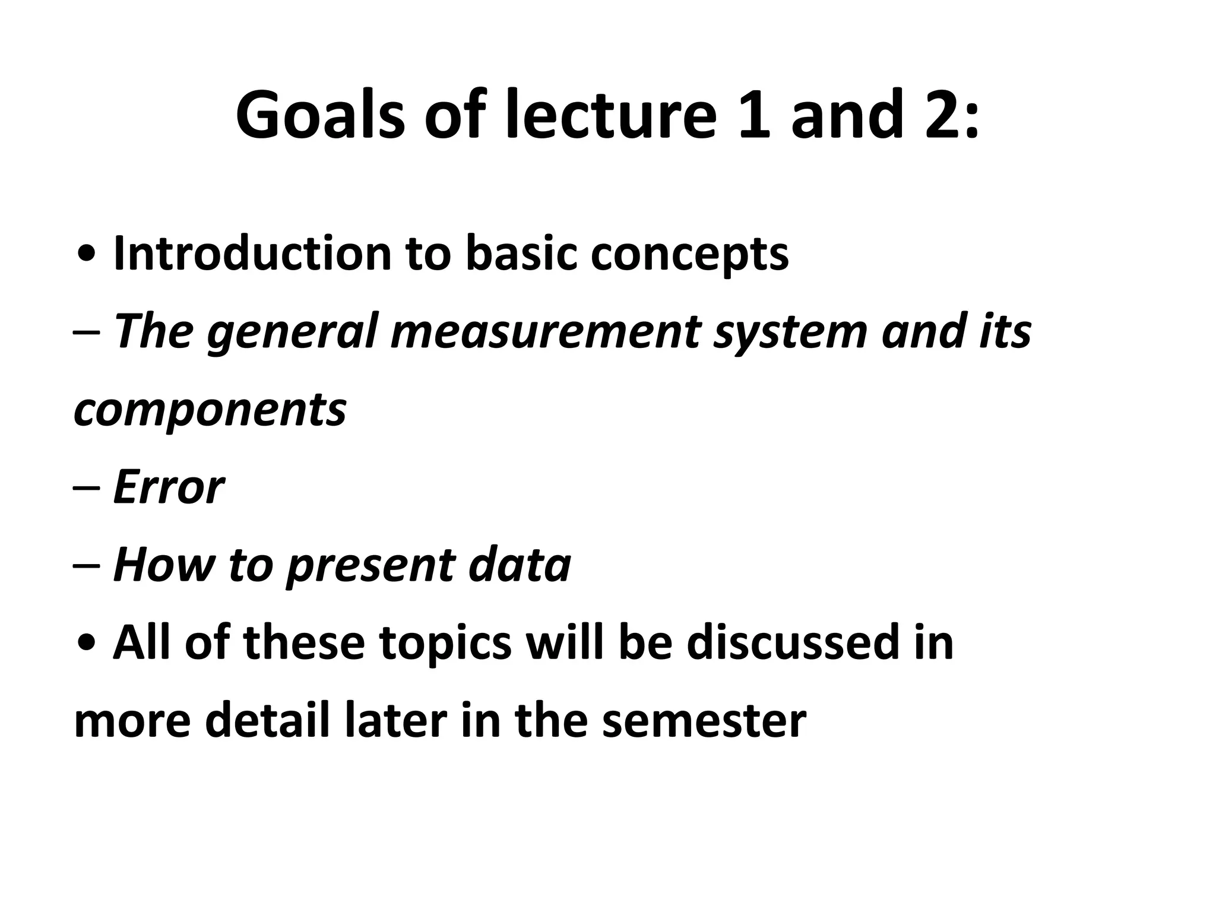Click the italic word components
(x=210, y=411)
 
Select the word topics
(x=445, y=644)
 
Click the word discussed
(x=794, y=642)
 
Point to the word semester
(x=704, y=722)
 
